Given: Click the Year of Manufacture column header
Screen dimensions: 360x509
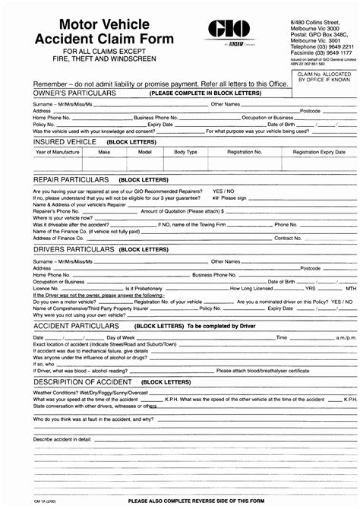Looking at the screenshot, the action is point(57,152).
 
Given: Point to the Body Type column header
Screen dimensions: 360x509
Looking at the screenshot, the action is point(185,152).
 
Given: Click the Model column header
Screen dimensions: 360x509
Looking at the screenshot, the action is point(144,152).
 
